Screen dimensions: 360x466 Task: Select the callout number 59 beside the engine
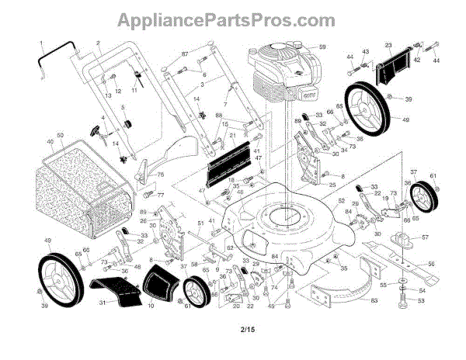[323, 48]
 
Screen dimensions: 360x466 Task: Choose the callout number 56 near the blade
[431, 264]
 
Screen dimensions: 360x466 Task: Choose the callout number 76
[161, 175]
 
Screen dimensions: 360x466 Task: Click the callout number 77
[162, 196]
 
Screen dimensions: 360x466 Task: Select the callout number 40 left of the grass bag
[50, 142]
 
